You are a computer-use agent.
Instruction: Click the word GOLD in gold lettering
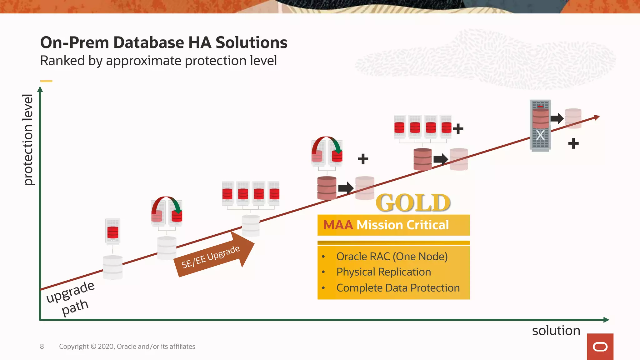pos(413,202)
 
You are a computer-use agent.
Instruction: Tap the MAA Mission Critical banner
pos(393,225)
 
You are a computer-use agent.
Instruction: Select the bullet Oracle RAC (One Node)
pos(392,257)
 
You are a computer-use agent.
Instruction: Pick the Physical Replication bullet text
pos(383,272)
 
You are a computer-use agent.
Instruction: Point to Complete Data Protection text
pos(398,288)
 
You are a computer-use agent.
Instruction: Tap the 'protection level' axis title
pos(28,140)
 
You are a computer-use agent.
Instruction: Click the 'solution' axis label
pos(556,331)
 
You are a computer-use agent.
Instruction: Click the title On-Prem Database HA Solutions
pos(163,42)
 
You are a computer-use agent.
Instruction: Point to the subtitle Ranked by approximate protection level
pos(158,61)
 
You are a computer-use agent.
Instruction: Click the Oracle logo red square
pos(600,347)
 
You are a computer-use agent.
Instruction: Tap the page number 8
pos(42,347)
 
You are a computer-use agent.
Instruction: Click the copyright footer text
pos(127,347)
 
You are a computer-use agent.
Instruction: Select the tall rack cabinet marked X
pos(540,126)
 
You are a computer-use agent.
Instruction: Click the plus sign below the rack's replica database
pos(573,143)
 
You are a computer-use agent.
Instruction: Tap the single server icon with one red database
pos(113,232)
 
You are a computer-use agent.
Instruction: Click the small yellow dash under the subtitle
pos(46,81)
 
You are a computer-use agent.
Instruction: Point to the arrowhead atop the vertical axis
pos(40,89)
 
